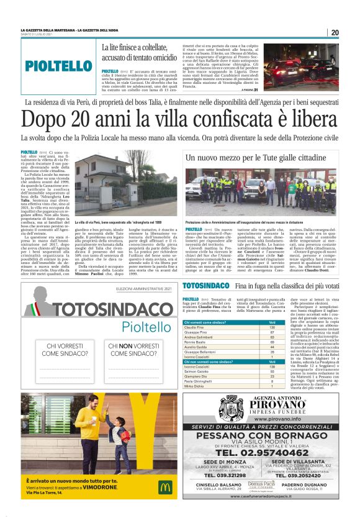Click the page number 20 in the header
(335, 32)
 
